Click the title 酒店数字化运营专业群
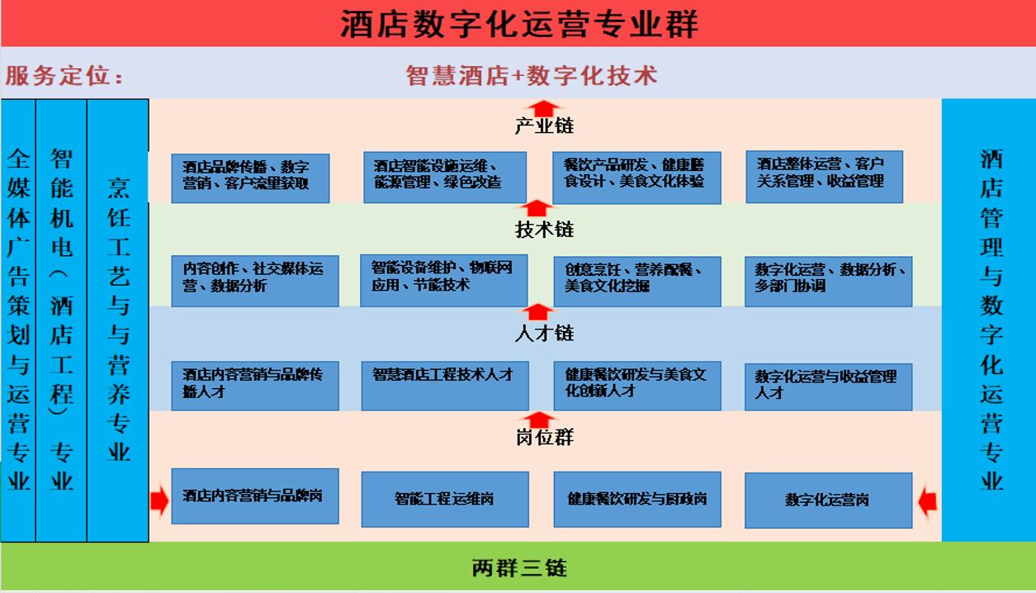[x=518, y=23]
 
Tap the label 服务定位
[x=64, y=76]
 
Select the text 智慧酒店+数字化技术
[x=532, y=76]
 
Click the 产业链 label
[x=544, y=126]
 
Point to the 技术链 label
[x=544, y=230]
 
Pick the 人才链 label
[x=544, y=334]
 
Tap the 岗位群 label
[x=544, y=438]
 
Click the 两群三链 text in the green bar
[x=519, y=568]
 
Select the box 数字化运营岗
[x=828, y=500]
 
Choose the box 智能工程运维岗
[x=445, y=499]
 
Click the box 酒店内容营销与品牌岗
[x=254, y=496]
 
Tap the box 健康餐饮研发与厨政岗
[x=636, y=499]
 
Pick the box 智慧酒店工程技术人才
[x=445, y=385]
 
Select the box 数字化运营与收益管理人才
[x=828, y=386]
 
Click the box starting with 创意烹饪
[x=636, y=281]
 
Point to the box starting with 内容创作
[x=254, y=281]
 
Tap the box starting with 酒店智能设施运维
[x=445, y=177]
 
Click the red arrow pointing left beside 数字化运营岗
[x=928, y=500]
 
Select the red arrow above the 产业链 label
[x=543, y=108]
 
